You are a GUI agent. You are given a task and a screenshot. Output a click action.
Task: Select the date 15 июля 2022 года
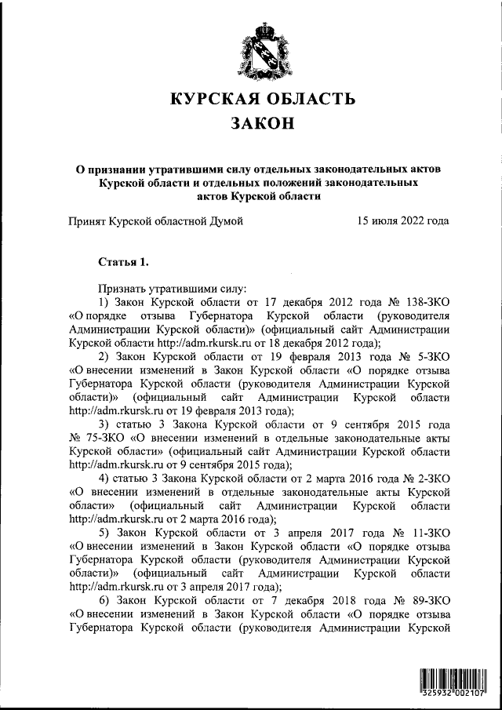point(402,221)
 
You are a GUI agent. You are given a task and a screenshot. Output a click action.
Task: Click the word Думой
point(225,221)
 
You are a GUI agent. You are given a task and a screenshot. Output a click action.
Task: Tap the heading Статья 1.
point(123,260)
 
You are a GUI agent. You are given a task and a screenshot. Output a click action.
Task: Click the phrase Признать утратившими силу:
point(173,288)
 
